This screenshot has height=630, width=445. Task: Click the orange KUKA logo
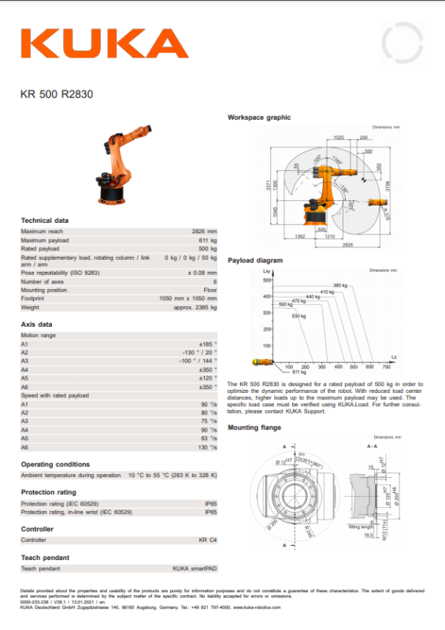click(104, 44)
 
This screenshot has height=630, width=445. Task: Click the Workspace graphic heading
click(259, 117)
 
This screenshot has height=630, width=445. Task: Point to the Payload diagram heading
click(255, 260)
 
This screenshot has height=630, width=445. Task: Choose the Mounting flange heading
click(254, 428)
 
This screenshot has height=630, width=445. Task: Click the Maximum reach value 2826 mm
click(204, 232)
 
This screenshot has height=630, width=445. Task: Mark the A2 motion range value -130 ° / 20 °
click(197, 352)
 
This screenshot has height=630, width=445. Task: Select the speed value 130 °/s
click(208, 447)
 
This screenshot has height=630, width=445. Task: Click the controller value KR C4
click(208, 540)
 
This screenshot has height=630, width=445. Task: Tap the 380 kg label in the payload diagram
click(340, 284)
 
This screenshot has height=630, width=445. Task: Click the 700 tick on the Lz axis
click(386, 367)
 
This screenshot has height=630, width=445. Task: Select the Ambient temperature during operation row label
click(71, 475)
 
